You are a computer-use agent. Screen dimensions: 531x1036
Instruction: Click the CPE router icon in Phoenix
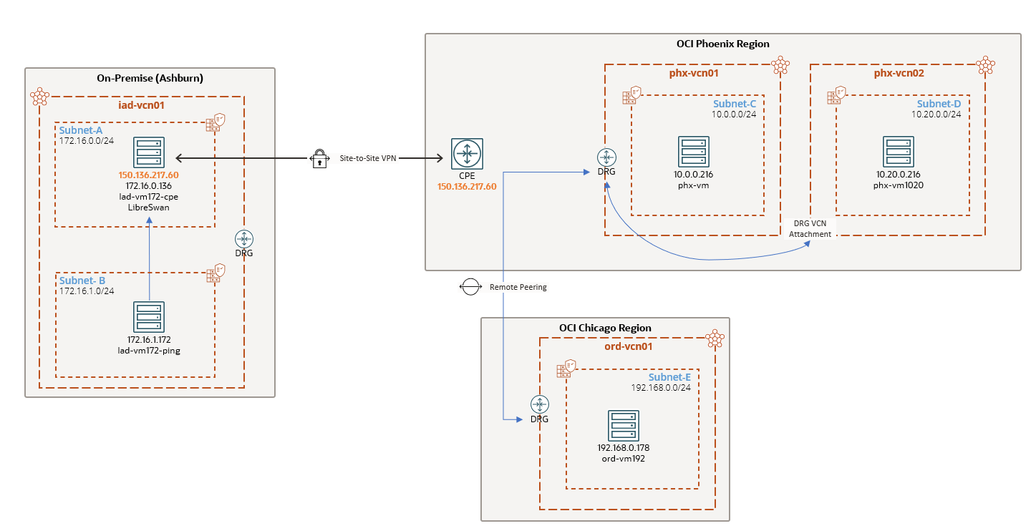[468, 153]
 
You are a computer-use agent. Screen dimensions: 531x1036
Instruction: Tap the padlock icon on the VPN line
[319, 159]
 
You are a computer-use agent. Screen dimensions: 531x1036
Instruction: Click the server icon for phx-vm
[693, 152]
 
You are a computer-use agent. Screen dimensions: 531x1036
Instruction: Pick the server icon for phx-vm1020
[898, 152]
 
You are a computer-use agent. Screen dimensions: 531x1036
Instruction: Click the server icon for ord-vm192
[623, 426]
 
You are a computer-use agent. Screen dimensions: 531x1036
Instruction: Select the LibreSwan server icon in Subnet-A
[149, 153]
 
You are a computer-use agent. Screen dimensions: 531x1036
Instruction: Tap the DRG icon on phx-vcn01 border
[606, 157]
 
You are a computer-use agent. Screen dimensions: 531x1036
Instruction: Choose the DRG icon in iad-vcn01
[244, 239]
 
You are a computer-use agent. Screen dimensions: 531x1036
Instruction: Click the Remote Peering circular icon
[470, 287]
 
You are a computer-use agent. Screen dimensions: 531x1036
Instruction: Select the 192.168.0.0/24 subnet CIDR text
[660, 388]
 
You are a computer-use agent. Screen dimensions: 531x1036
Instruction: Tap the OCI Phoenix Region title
[722, 44]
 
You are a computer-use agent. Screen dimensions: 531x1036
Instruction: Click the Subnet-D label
[939, 104]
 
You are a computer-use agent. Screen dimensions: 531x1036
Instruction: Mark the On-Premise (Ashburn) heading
[150, 78]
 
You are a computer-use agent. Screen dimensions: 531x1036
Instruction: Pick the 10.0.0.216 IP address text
[693, 174]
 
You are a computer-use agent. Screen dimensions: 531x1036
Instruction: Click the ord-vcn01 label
[626, 346]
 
